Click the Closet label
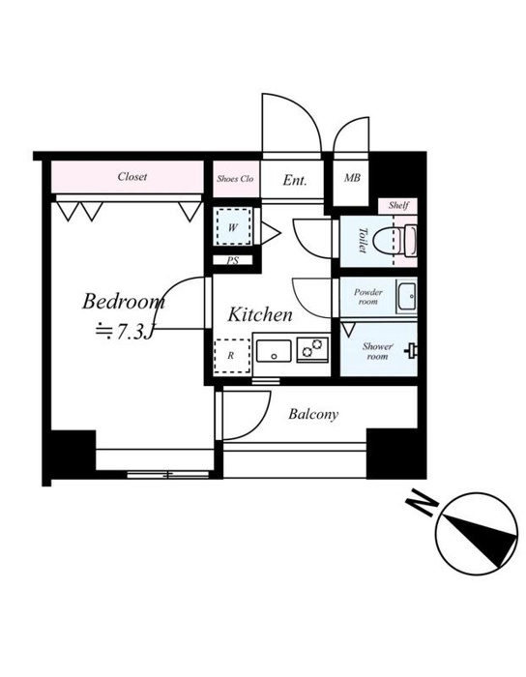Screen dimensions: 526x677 point(132,177)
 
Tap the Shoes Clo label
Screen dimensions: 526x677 point(235,179)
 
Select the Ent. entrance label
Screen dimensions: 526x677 point(295,180)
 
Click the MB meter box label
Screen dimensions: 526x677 point(352,177)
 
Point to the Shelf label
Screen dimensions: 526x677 point(398,205)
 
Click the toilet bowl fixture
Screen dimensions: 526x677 point(394,242)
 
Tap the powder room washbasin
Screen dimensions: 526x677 point(406,297)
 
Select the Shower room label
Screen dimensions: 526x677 point(377,351)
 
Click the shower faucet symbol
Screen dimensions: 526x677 point(411,350)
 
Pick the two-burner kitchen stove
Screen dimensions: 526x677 point(313,349)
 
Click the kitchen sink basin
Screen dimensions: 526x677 point(274,351)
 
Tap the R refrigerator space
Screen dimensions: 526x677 point(232,356)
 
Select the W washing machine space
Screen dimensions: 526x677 point(233,227)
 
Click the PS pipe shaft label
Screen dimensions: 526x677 point(233,261)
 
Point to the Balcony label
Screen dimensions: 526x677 point(313,415)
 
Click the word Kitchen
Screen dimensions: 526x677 point(260,314)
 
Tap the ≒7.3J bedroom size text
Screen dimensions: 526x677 point(125,332)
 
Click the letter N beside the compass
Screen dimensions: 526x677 point(422,505)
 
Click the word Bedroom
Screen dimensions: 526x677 point(124,301)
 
